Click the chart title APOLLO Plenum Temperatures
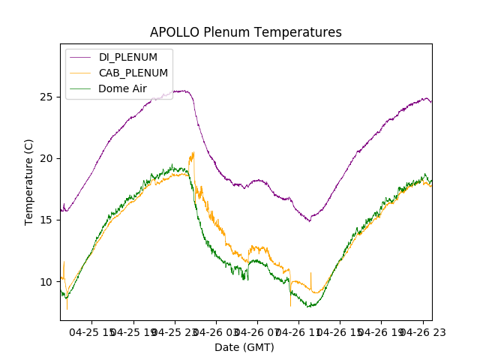click(x=245, y=32)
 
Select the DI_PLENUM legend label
click(x=127, y=58)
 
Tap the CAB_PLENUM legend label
click(x=133, y=73)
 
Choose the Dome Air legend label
click(x=122, y=88)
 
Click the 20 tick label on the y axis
click(x=47, y=158)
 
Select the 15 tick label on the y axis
click(x=47, y=220)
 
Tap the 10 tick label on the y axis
click(x=47, y=281)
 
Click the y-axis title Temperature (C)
click(x=29, y=181)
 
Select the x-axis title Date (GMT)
click(x=244, y=347)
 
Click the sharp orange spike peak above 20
click(x=193, y=152)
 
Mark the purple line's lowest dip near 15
click(x=309, y=220)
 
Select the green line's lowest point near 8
click(x=310, y=306)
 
